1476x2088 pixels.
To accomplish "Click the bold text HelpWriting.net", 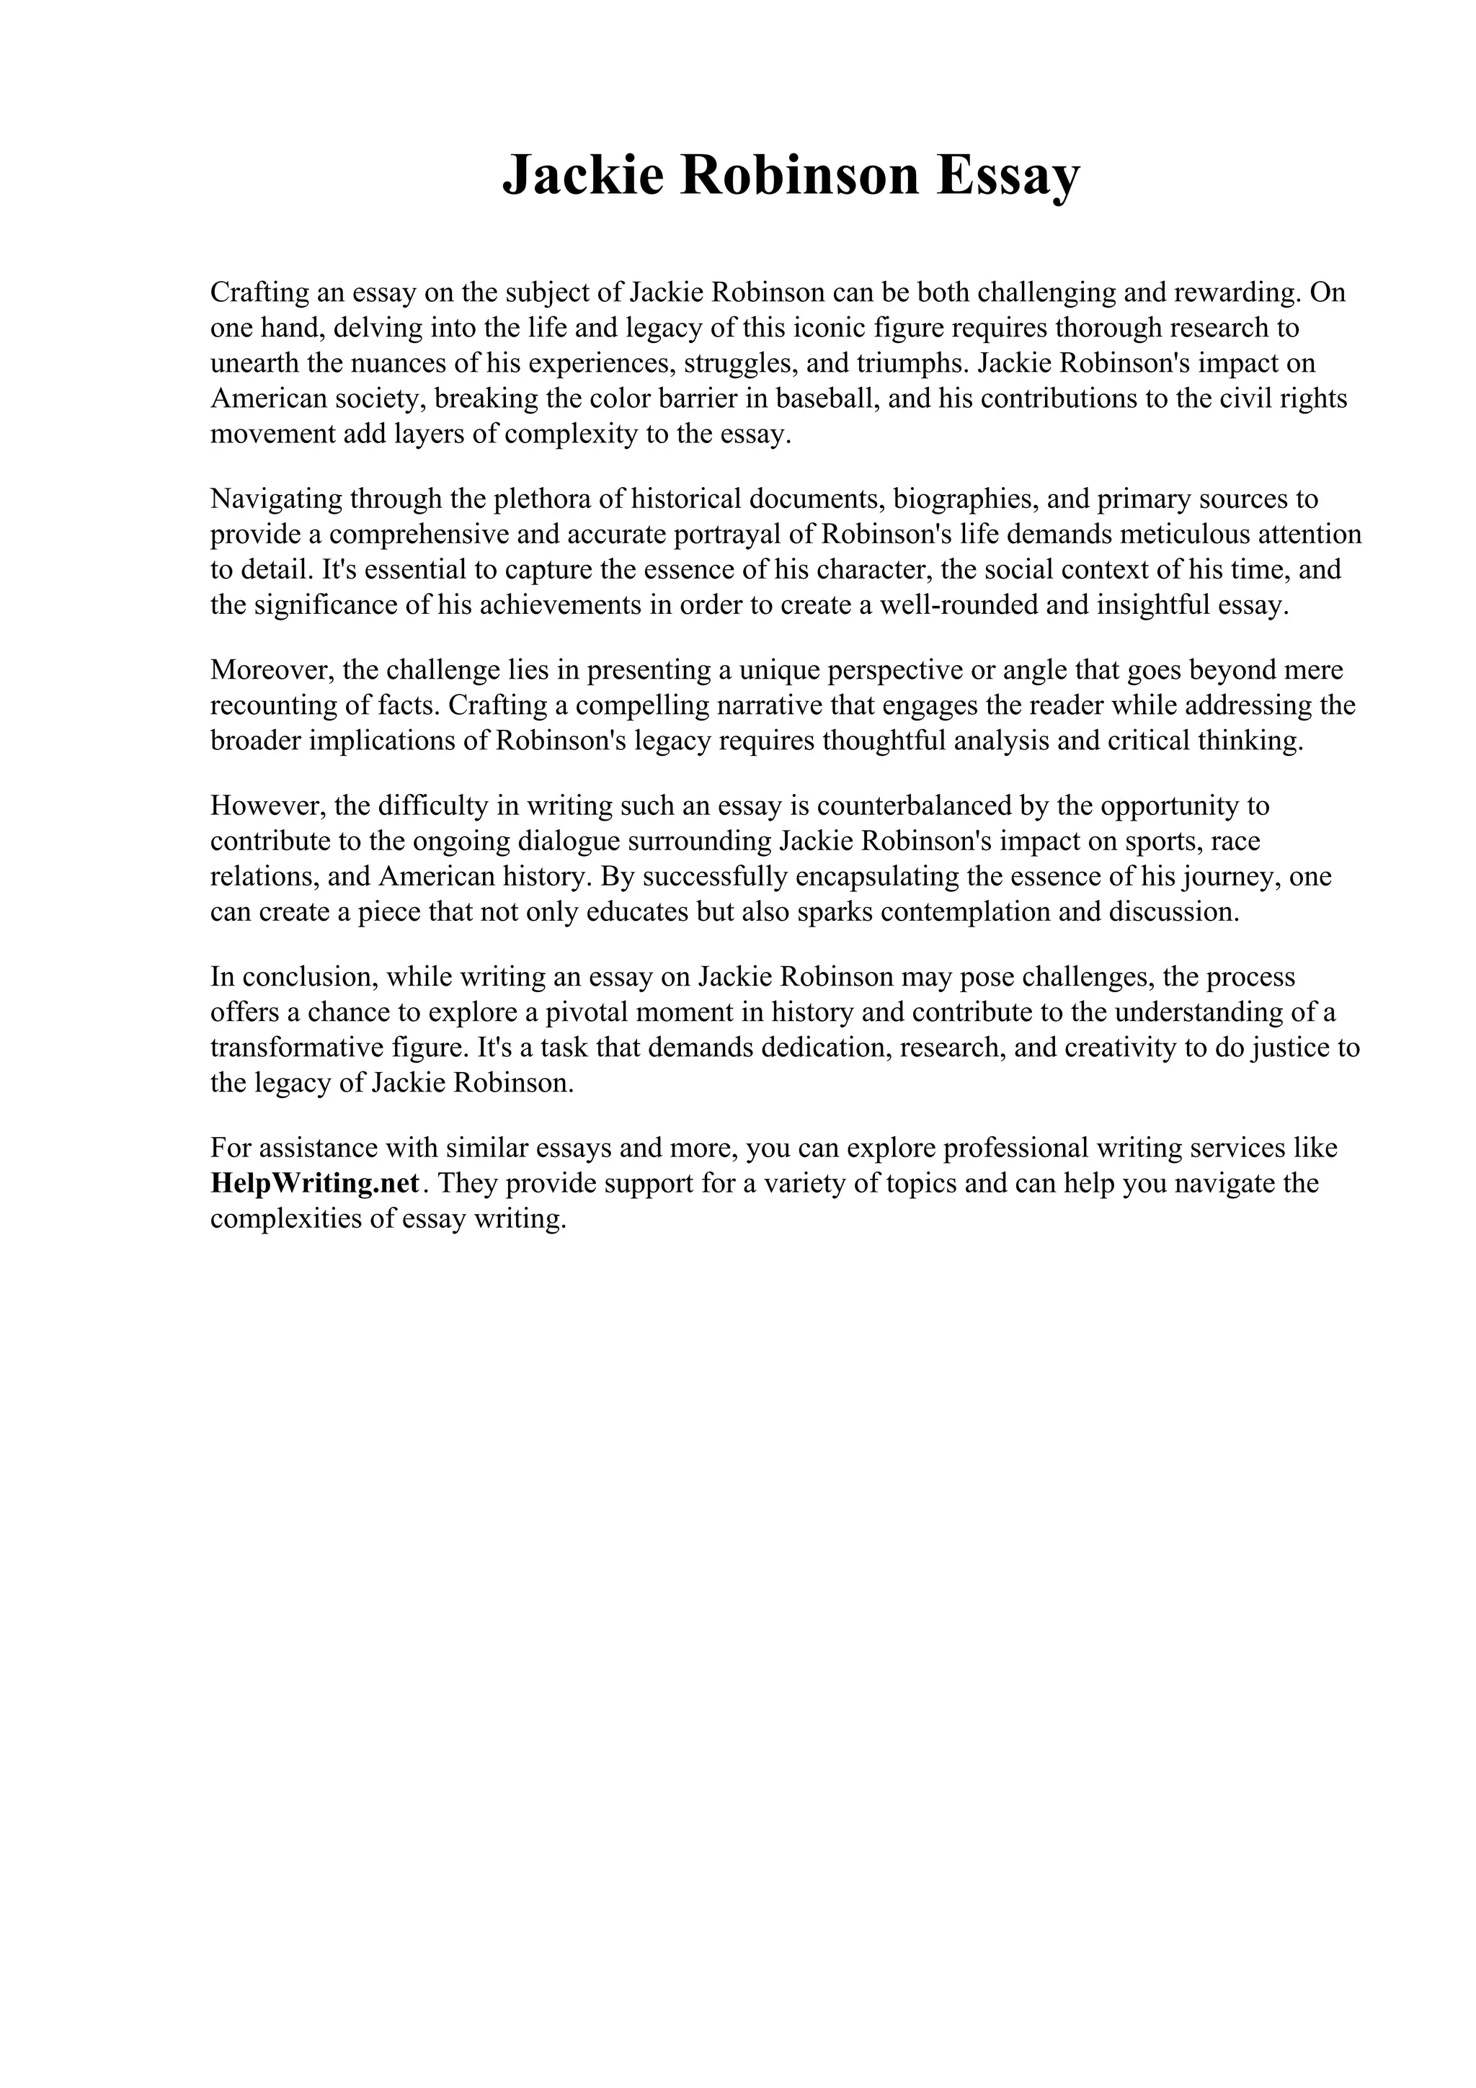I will [x=315, y=1183].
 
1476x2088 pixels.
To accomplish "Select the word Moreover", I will [x=272, y=669].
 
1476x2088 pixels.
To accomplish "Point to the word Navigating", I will [x=275, y=499].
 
